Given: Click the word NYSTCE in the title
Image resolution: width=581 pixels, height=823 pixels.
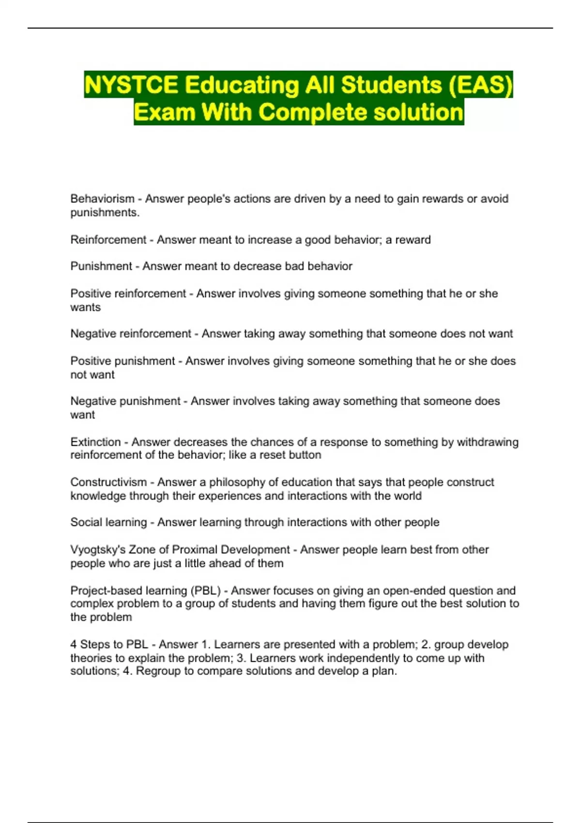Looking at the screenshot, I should [131, 85].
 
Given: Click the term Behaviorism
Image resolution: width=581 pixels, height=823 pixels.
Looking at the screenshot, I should [102, 198].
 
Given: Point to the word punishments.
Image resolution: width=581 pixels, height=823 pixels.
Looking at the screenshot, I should [105, 212].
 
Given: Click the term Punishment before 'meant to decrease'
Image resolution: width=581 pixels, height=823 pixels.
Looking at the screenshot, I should [101, 266].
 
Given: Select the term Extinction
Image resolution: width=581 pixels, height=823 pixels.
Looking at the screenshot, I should [95, 442].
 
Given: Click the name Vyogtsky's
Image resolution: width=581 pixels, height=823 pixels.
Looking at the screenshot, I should [99, 549].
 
